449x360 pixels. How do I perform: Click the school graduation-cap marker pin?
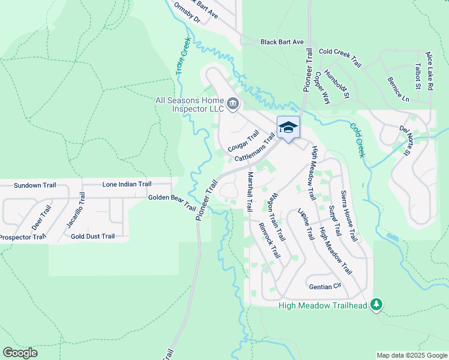tap(288, 128)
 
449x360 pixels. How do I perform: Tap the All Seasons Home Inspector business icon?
tap(233, 104)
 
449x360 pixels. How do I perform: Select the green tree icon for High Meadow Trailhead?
tap(376, 305)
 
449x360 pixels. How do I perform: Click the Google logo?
tap(20, 353)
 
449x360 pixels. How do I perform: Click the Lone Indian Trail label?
tap(127, 184)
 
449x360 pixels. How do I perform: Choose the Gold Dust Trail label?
tap(92, 236)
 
